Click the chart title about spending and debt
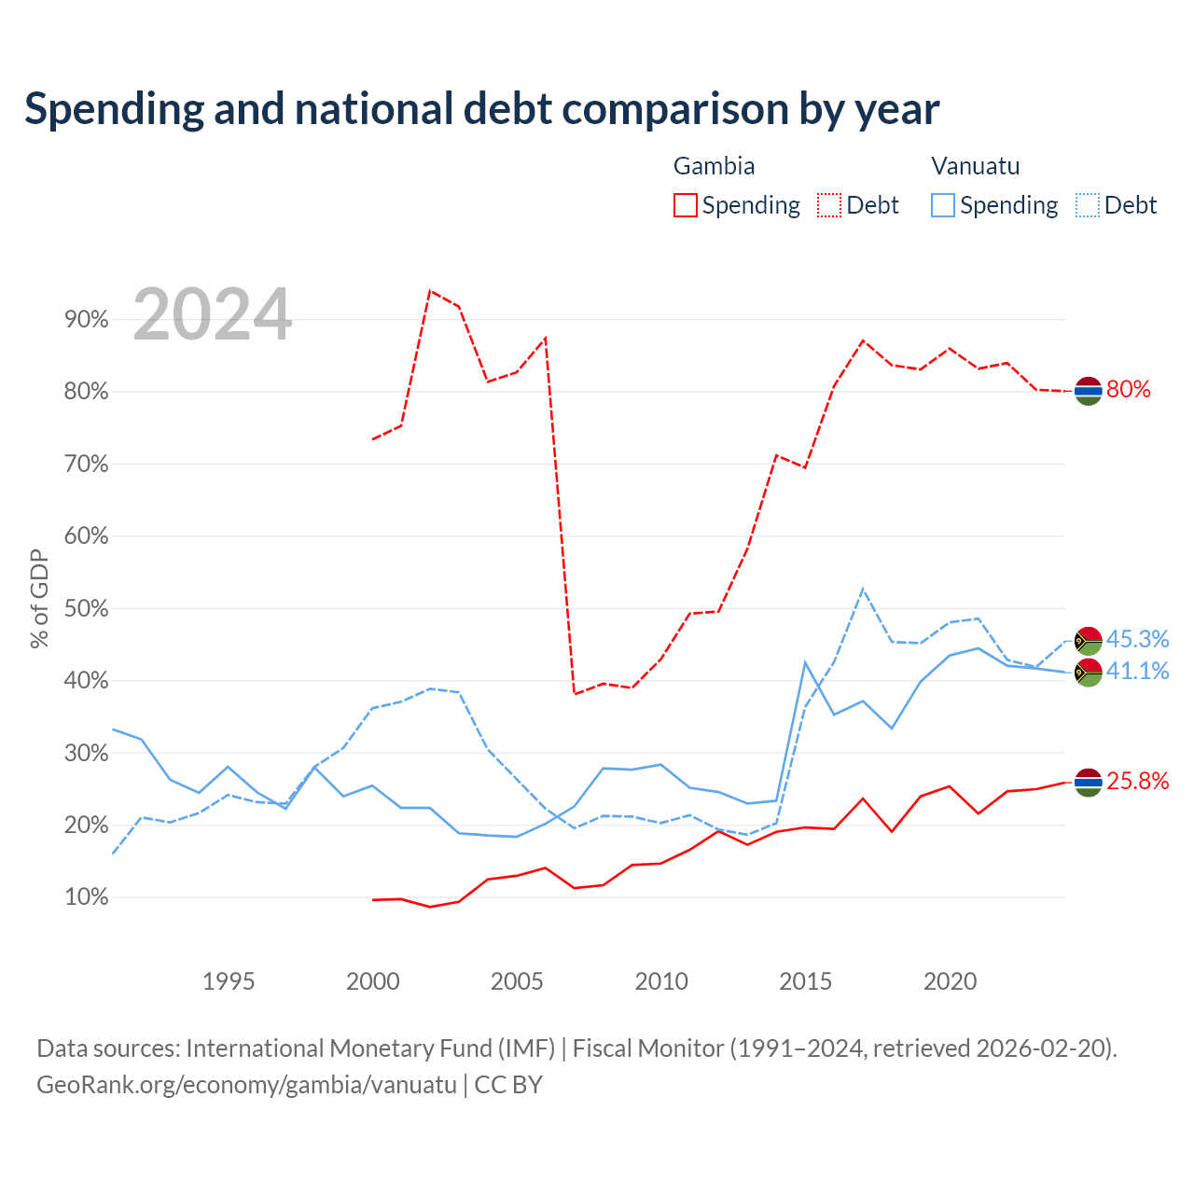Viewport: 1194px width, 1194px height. (481, 109)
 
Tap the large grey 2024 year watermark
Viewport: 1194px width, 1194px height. (212, 314)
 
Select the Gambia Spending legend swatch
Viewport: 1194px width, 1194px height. (685, 205)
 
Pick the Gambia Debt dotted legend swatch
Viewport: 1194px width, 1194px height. (828, 205)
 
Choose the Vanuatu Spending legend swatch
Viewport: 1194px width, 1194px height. (942, 205)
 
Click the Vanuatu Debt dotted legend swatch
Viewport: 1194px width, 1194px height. (1087, 205)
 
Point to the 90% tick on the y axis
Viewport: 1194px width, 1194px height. (86, 320)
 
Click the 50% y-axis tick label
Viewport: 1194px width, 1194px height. (86, 608)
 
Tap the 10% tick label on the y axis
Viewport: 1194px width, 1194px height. (86, 896)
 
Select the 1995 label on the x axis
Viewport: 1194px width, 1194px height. (229, 981)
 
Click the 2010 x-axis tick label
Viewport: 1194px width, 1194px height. (661, 981)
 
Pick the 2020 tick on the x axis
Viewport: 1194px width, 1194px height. (950, 981)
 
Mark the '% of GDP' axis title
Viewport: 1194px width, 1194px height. (39, 599)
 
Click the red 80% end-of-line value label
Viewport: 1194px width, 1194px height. (1129, 389)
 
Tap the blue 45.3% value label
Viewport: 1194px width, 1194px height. (1137, 639)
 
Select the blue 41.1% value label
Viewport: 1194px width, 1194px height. (1137, 671)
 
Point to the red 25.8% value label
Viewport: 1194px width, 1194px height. (1137, 781)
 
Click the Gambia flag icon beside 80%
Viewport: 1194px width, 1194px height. (1088, 391)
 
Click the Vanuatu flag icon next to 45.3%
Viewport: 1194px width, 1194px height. (1088, 641)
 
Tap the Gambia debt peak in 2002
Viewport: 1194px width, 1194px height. (430, 291)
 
